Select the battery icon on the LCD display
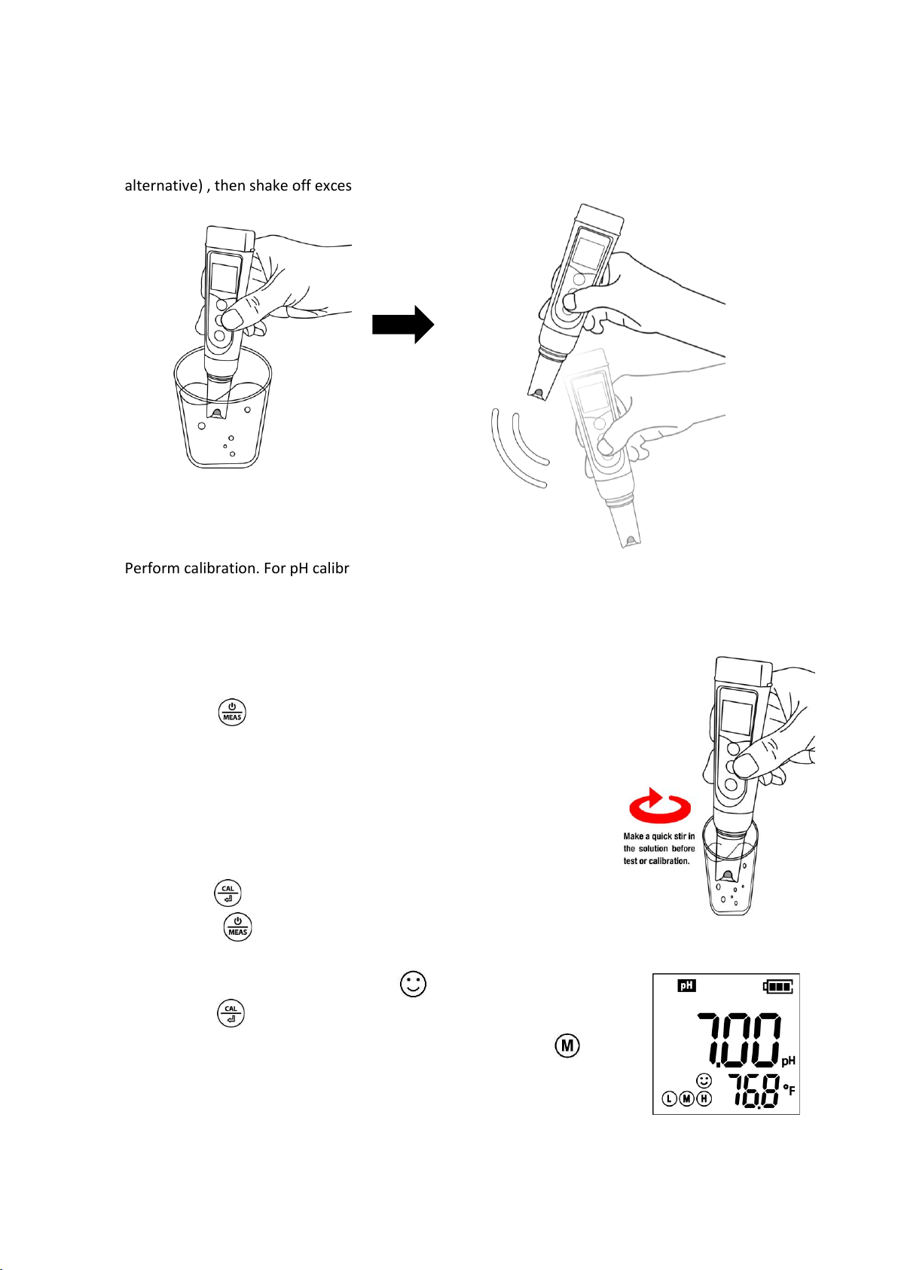point(777,986)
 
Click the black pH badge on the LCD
point(686,985)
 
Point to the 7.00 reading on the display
point(738,1040)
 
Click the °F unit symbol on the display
point(789,1089)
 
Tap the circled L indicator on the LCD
point(669,1098)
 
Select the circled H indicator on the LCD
point(704,1098)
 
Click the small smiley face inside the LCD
point(704,1081)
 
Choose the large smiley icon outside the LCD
point(413,984)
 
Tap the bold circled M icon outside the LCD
point(567,1045)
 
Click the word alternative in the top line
point(163,186)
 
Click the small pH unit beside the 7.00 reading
point(788,1061)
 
